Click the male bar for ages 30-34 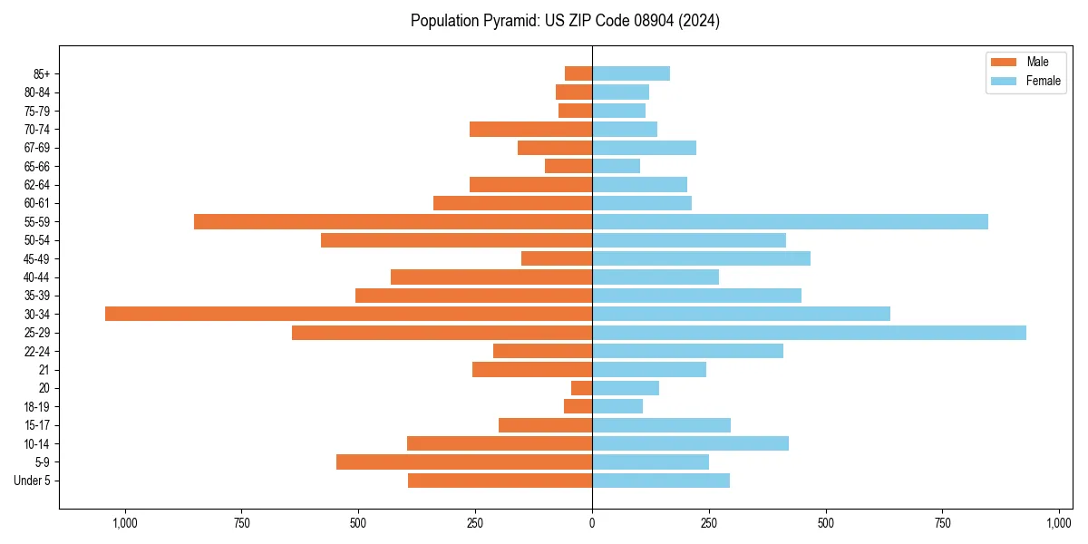click(x=348, y=314)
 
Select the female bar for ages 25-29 click(x=809, y=333)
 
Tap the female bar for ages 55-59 click(x=790, y=222)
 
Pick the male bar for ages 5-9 click(x=464, y=462)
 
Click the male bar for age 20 click(x=581, y=388)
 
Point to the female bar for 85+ click(x=631, y=73)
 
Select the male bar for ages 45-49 click(x=557, y=258)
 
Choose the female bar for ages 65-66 click(x=616, y=166)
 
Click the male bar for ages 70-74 click(x=530, y=130)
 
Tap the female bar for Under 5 click(x=661, y=481)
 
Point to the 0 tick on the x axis click(x=592, y=523)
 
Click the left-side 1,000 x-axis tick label click(x=124, y=523)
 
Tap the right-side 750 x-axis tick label click(x=943, y=523)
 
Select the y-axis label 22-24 click(x=37, y=352)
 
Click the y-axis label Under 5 click(x=33, y=481)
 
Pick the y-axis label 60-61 click(x=37, y=204)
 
